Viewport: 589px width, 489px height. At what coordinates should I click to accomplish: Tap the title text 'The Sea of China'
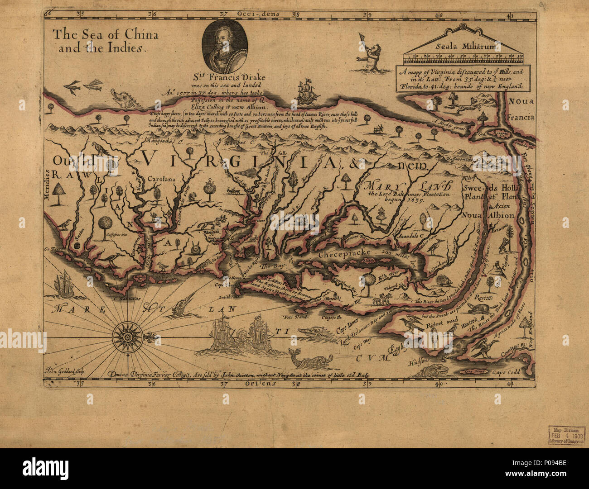105,34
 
